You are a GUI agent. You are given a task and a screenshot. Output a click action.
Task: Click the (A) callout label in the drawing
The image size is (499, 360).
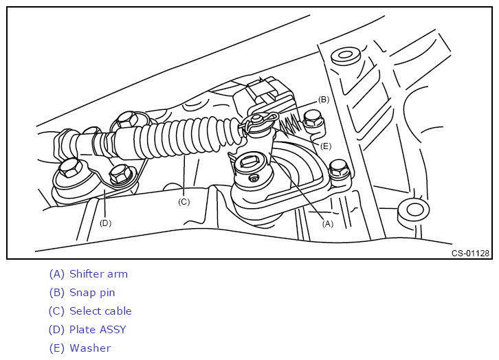tap(327, 224)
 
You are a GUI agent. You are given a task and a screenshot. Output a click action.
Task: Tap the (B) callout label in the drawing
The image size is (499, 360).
tap(324, 100)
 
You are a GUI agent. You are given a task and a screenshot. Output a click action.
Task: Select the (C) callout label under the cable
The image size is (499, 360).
tap(184, 201)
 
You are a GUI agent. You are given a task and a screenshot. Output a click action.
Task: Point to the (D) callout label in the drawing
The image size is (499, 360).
tap(105, 223)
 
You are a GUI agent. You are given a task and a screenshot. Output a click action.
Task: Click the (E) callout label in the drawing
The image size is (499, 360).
tap(326, 146)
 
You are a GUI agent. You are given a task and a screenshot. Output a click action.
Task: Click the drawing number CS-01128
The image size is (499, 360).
tap(470, 253)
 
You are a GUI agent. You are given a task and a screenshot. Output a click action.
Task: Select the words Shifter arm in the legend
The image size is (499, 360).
tap(99, 274)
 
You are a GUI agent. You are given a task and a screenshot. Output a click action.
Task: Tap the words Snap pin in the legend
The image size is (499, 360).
tap(92, 293)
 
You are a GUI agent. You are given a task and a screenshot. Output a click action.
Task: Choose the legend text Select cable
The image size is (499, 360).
tap(100, 311)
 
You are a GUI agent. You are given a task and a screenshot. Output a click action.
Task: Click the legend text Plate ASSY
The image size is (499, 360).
tap(98, 330)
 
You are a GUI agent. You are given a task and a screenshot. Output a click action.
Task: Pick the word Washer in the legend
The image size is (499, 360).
tap(90, 348)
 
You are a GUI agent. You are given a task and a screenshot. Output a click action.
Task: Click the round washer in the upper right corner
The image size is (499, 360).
tap(345, 56)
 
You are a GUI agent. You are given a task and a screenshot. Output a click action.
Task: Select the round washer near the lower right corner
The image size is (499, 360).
tap(413, 210)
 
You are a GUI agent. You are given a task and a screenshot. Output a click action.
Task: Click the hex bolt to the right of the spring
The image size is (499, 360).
tap(314, 121)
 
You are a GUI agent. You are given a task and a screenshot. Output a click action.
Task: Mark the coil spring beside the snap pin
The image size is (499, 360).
tap(290, 126)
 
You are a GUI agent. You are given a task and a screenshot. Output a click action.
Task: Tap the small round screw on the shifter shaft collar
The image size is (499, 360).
tap(254, 179)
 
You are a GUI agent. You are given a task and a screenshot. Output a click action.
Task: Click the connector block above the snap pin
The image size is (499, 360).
tap(263, 94)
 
